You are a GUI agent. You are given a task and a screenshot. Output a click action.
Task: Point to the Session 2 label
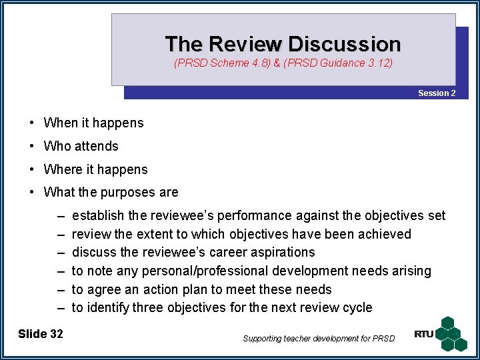[x=437, y=93]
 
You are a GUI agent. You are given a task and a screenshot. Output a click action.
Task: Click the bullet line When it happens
[x=93, y=123]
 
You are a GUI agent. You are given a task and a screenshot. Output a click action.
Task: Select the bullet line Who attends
[x=81, y=146]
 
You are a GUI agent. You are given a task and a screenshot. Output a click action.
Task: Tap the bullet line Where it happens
[x=95, y=169]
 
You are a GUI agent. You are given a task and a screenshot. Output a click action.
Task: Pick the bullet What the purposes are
[x=111, y=193]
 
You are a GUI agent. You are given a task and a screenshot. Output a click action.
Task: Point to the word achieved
[x=386, y=234]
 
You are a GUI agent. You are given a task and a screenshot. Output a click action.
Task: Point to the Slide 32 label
[x=41, y=334]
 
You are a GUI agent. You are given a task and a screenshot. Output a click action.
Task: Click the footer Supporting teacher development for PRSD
[x=319, y=339]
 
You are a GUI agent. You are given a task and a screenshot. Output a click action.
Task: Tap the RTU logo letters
[x=423, y=333]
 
